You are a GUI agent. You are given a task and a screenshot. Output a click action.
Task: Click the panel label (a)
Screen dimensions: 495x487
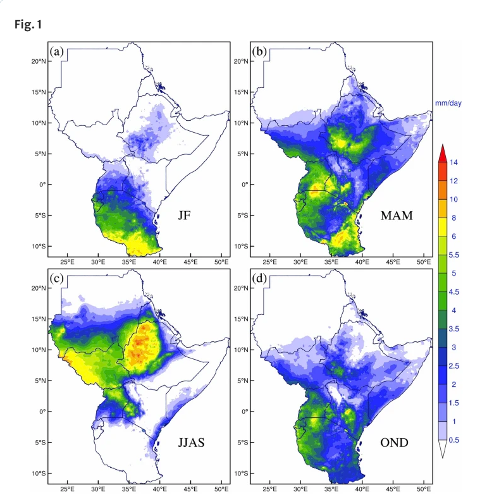tap(57, 51)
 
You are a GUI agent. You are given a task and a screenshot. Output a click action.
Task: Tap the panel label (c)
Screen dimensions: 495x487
tap(57, 278)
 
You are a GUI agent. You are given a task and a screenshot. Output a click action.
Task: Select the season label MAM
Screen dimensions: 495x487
tap(397, 216)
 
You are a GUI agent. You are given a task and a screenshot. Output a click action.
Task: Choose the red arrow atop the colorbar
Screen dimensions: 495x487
tap(443, 152)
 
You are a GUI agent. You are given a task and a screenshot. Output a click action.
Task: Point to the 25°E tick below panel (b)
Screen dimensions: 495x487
tap(270, 262)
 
